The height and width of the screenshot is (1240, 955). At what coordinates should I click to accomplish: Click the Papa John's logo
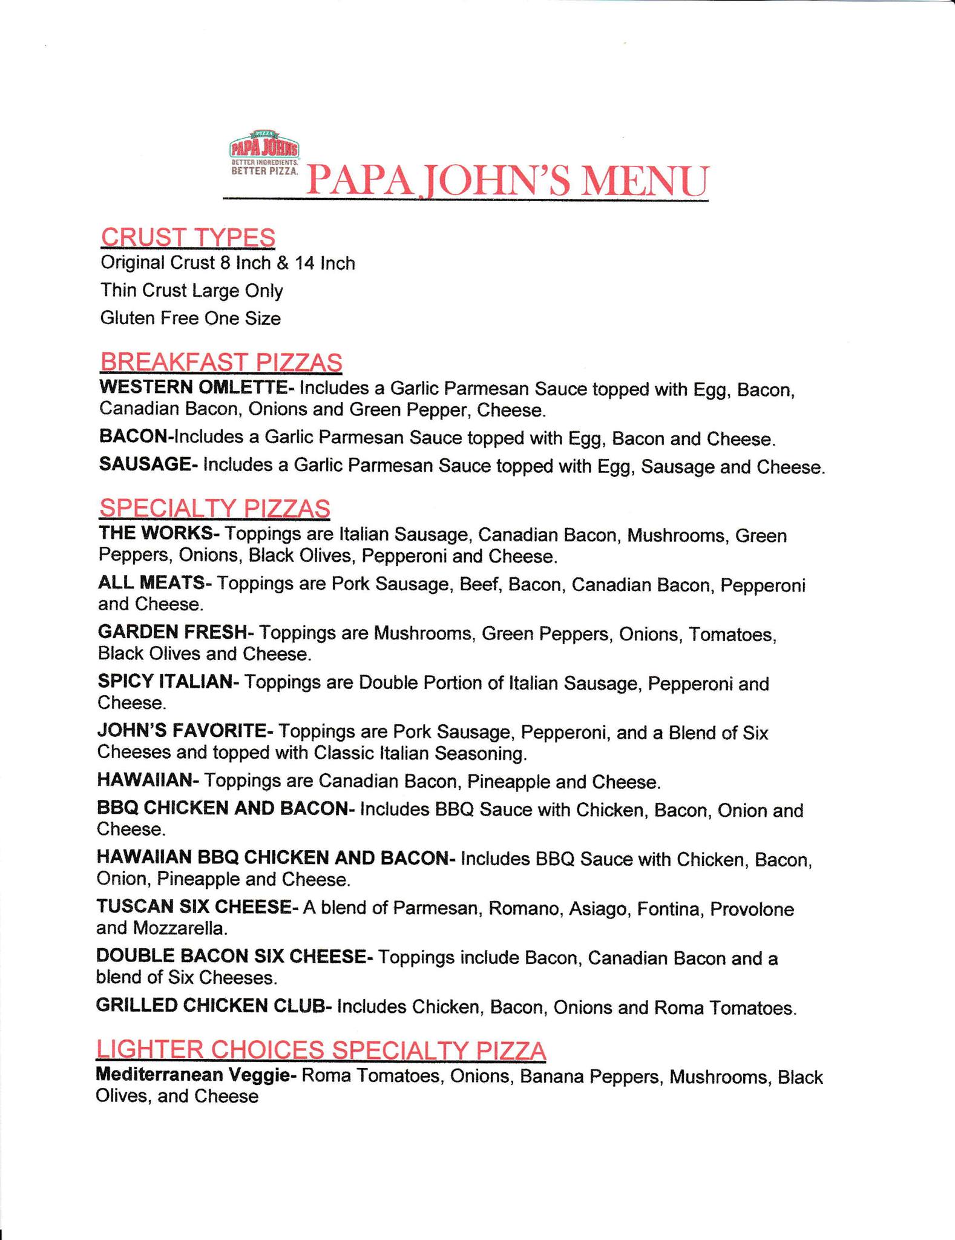pos(264,154)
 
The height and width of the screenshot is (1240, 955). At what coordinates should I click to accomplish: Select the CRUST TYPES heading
pos(188,237)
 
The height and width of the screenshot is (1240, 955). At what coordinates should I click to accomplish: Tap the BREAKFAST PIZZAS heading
pos(221,362)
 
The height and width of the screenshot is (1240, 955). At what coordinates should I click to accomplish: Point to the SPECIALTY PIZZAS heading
pos(214,508)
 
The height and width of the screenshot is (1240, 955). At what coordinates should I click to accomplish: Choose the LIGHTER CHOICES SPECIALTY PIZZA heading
pos(321,1050)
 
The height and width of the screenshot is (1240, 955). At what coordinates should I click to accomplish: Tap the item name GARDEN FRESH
pos(172,632)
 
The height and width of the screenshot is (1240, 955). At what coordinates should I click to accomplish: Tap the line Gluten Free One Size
pos(191,318)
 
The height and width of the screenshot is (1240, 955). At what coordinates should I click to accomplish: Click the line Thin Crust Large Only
pos(192,291)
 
